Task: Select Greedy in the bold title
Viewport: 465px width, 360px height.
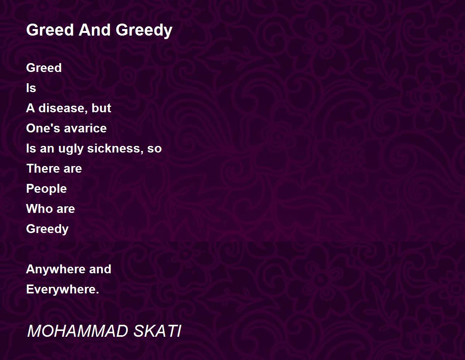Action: pyautogui.click(x=144, y=31)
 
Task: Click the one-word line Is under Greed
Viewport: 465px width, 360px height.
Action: pyautogui.click(x=31, y=88)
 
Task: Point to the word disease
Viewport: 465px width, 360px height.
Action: pyautogui.click(x=62, y=108)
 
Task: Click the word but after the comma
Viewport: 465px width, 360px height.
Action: pyautogui.click(x=102, y=108)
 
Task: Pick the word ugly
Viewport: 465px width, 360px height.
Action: pyautogui.click(x=71, y=149)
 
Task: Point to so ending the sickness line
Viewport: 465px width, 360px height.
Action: pyautogui.click(x=155, y=149)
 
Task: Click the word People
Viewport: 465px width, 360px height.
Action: pyautogui.click(x=46, y=189)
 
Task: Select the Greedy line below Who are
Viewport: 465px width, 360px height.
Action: pyautogui.click(x=47, y=229)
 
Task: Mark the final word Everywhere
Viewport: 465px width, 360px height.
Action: pyautogui.click(x=62, y=290)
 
